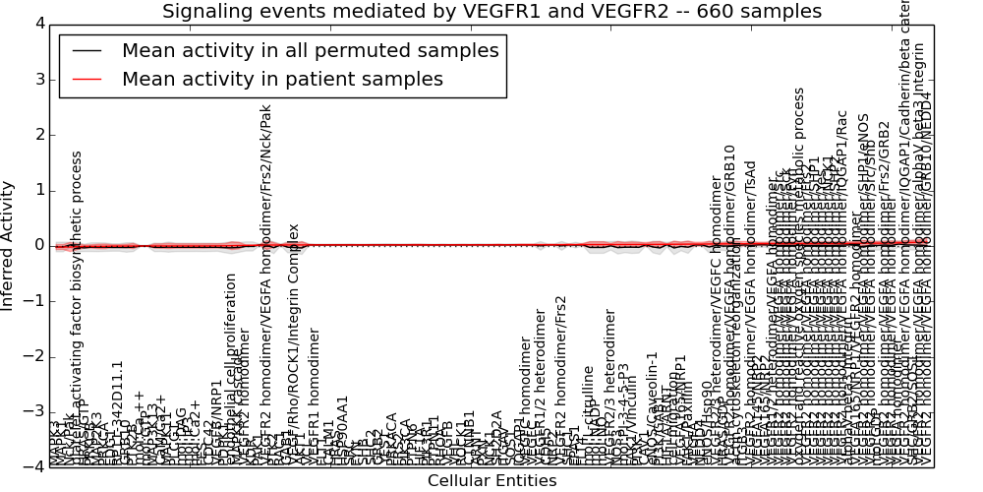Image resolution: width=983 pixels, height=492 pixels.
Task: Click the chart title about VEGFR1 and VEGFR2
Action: tap(491, 11)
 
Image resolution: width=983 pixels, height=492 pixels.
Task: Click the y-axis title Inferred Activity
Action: tap(9, 245)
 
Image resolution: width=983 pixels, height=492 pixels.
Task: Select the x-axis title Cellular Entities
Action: tap(491, 481)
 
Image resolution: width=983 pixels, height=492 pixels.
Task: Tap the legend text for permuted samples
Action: tap(310, 51)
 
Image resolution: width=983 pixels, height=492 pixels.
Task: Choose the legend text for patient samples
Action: tap(282, 79)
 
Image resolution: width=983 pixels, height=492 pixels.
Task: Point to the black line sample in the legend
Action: tap(87, 51)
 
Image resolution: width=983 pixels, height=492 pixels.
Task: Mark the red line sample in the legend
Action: tap(87, 79)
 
